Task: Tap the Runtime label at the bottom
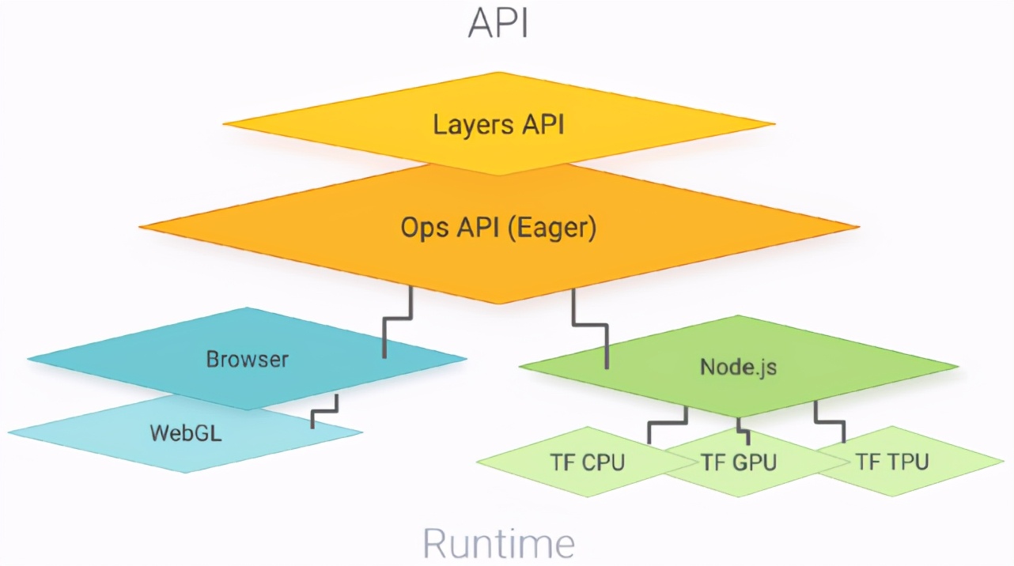pyautogui.click(x=498, y=542)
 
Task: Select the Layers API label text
pyautogui.click(x=498, y=124)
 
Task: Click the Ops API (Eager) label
pyautogui.click(x=498, y=228)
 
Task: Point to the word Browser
pyautogui.click(x=248, y=360)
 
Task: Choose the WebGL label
pyautogui.click(x=186, y=433)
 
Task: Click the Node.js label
pyautogui.click(x=738, y=367)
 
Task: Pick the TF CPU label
pyautogui.click(x=587, y=462)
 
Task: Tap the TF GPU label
pyautogui.click(x=739, y=462)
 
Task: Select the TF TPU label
pyautogui.click(x=891, y=462)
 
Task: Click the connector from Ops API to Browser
pyautogui.click(x=398, y=319)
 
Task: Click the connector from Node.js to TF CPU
pyautogui.click(x=667, y=424)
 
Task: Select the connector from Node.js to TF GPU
pyautogui.click(x=743, y=428)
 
